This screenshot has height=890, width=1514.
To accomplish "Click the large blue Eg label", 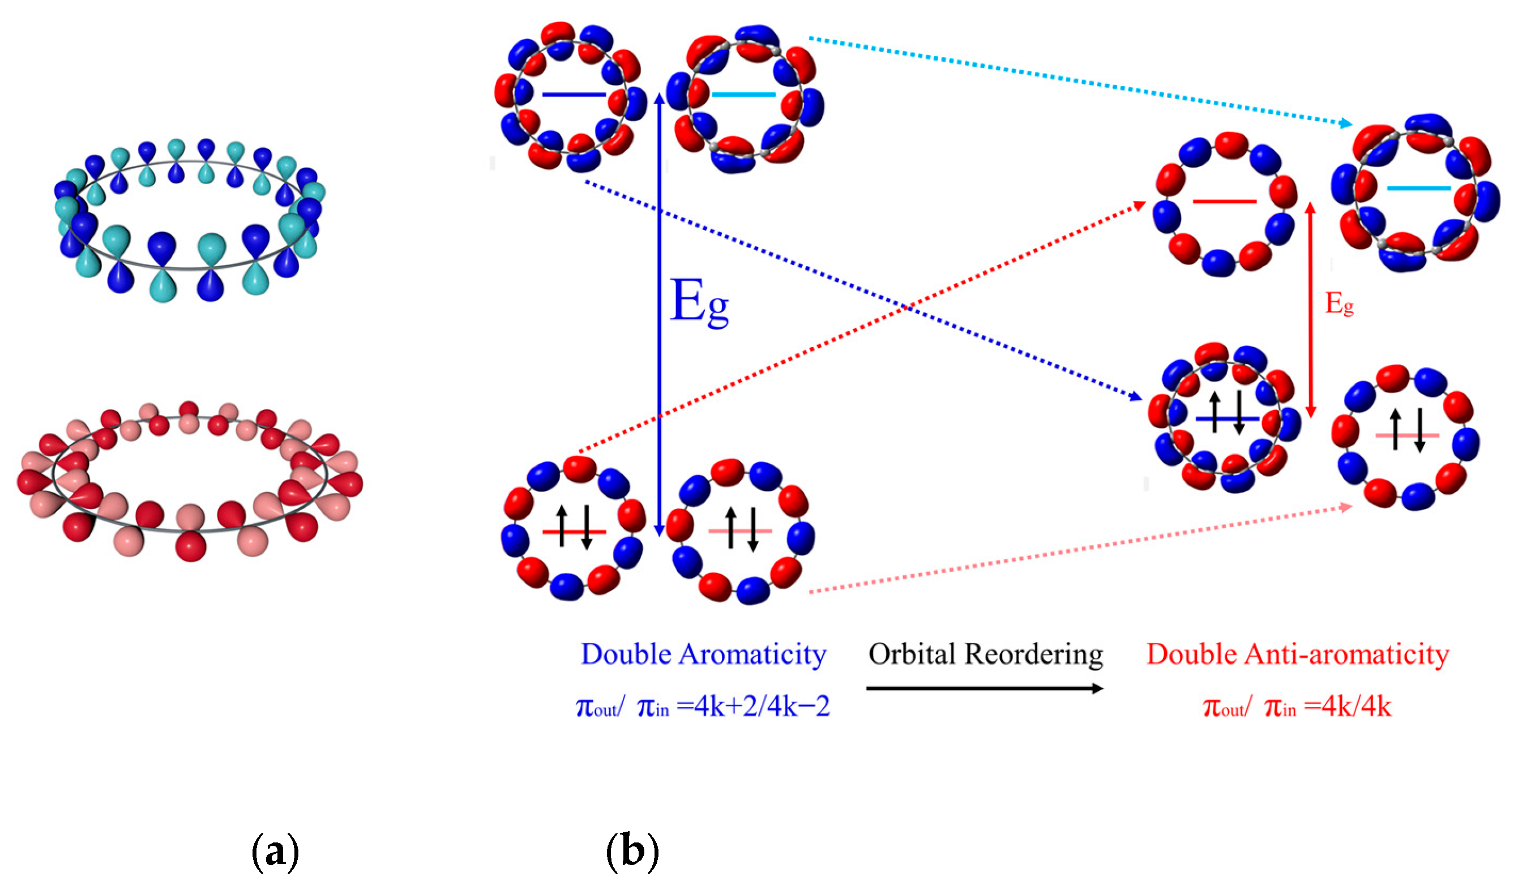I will pyautogui.click(x=699, y=303).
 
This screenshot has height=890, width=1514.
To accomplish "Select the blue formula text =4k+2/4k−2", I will pyautogui.click(x=754, y=707).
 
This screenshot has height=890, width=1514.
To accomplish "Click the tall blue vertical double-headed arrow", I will pyautogui.click(x=659, y=313).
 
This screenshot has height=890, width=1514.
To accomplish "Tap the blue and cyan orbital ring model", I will pyautogui.click(x=189, y=219).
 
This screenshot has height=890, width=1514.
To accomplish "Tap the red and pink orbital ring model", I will pyautogui.click(x=189, y=481).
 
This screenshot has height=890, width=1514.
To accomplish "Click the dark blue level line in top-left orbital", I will pyautogui.click(x=573, y=95).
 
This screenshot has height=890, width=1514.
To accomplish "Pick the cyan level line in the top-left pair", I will pyautogui.click(x=744, y=95).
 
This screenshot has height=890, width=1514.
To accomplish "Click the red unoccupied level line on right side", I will pyautogui.click(x=1225, y=202).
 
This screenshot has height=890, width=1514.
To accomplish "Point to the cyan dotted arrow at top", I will pyautogui.click(x=1081, y=81).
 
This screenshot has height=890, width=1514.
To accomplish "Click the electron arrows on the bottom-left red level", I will pyautogui.click(x=574, y=527).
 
